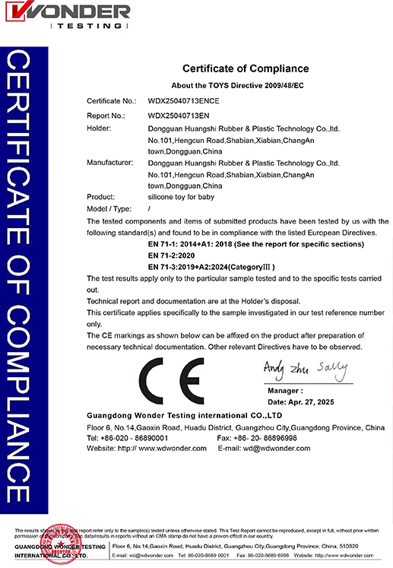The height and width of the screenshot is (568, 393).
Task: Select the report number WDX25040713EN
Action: click(181, 116)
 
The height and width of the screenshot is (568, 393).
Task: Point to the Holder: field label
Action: click(99, 128)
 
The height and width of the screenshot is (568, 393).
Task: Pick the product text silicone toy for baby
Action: click(181, 197)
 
